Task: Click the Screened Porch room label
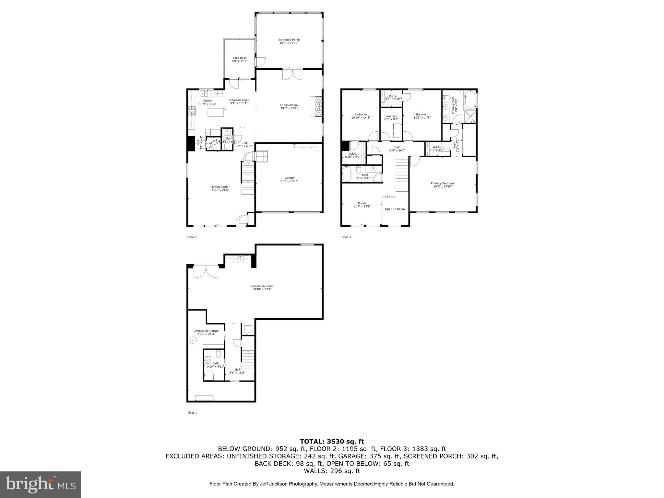click(x=289, y=40)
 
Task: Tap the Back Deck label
click(x=239, y=58)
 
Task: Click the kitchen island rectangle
click(x=216, y=112)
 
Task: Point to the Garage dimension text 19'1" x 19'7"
click(x=289, y=181)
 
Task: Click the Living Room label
click(x=220, y=187)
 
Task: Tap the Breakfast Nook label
click(x=239, y=100)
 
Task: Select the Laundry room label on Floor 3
click(x=391, y=116)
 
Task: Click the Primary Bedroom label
click(x=443, y=183)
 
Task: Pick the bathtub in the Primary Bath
click(x=469, y=101)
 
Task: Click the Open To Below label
click(x=395, y=209)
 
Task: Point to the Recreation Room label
click(x=262, y=286)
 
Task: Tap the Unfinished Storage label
click(x=206, y=331)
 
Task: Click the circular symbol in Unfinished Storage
click(x=193, y=340)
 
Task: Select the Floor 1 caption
click(x=192, y=413)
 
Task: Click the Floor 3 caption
click(x=346, y=237)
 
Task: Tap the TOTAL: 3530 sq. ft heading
click(x=332, y=441)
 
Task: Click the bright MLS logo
click(x=41, y=484)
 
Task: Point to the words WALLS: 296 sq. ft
click(x=332, y=471)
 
